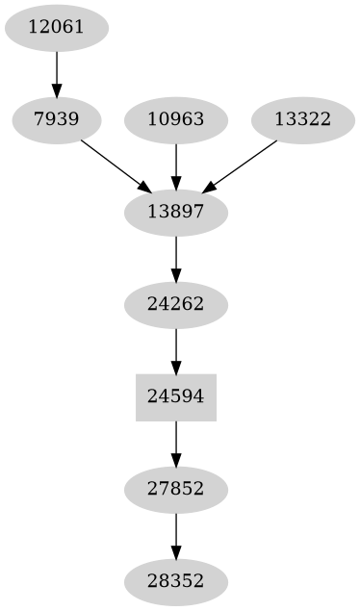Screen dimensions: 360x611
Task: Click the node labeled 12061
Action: click(56, 27)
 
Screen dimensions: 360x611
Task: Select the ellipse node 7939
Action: click(56, 119)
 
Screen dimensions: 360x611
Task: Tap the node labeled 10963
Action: click(176, 119)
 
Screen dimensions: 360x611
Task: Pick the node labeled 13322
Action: click(302, 119)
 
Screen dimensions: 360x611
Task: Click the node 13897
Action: click(176, 212)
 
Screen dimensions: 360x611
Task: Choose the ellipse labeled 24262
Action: click(176, 304)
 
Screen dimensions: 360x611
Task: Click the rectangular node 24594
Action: click(176, 396)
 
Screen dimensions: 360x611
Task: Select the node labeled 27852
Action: click(176, 489)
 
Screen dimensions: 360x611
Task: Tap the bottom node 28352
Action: click(176, 581)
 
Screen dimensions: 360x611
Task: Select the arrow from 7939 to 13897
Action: click(114, 165)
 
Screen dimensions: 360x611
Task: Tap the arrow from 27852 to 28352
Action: click(176, 535)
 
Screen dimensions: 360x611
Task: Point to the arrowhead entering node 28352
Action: click(176, 552)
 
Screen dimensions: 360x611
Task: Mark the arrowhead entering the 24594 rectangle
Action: click(176, 367)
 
